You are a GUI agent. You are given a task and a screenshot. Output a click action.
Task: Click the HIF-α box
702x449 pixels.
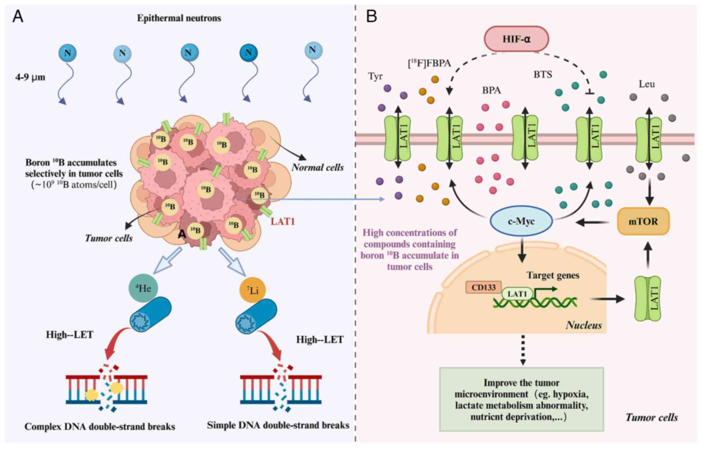516,38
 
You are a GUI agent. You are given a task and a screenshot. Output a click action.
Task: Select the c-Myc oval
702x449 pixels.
521,221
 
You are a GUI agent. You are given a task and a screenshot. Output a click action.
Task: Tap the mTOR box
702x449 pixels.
643,221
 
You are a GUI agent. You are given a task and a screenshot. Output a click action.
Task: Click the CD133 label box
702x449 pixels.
483,287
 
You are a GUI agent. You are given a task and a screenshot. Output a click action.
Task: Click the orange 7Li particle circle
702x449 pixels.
253,290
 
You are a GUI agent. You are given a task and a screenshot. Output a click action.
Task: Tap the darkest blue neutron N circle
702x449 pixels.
248,52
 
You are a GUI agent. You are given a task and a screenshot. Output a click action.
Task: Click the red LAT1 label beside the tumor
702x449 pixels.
283,221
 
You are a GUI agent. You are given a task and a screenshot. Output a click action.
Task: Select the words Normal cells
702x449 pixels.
317,168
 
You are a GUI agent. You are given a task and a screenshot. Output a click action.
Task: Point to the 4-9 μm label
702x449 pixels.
30,77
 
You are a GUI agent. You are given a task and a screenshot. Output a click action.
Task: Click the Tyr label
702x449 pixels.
376,76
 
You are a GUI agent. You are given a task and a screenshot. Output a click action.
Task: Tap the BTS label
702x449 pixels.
543,74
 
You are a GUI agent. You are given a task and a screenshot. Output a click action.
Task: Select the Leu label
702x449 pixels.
647,84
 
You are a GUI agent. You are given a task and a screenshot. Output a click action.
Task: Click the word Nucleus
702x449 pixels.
584,325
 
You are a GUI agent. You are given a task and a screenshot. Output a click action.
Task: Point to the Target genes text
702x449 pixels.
553,275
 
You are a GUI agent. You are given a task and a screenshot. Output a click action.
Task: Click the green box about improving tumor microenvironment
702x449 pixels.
521,399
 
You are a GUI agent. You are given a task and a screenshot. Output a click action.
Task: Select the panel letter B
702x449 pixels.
371,16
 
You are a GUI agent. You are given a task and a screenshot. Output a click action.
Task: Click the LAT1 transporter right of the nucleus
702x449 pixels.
648,298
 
